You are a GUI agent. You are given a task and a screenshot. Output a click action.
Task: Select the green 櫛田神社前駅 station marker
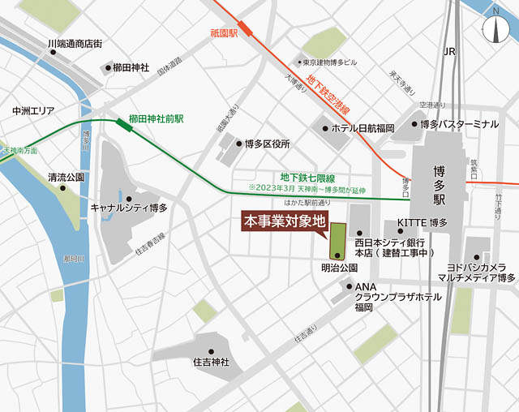(124, 123)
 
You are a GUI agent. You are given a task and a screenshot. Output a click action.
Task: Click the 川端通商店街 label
(74, 44)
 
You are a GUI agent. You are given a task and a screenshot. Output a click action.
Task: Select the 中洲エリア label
(32, 110)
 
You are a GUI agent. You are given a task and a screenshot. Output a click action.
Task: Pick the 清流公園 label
(66, 176)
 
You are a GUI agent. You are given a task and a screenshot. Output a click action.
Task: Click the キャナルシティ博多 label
(130, 208)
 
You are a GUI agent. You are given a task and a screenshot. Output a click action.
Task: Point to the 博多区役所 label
(268, 144)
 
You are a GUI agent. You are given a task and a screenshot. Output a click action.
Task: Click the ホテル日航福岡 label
(362, 127)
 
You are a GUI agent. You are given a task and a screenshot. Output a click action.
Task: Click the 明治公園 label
(339, 268)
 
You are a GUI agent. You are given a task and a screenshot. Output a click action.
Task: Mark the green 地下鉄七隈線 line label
(307, 177)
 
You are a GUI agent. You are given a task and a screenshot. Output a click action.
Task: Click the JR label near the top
(450, 51)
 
